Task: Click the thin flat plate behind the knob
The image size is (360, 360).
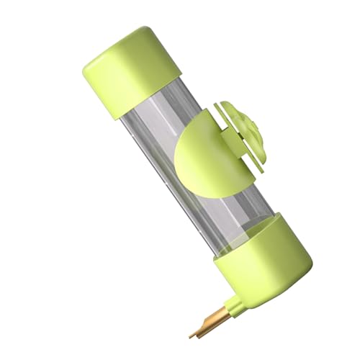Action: click(230, 119)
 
